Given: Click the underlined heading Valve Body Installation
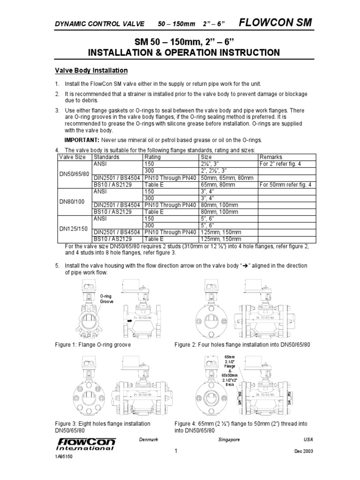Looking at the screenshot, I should (89, 71).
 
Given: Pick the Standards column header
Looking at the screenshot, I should (106, 157).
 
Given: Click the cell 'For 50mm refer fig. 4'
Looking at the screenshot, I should (285, 185).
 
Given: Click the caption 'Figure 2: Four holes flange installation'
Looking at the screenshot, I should (242, 345).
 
